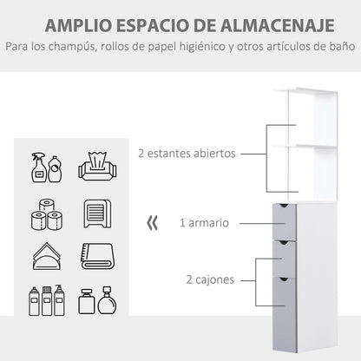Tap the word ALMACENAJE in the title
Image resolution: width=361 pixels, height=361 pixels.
click(x=272, y=23)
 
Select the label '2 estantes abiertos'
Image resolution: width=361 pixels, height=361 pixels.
click(x=187, y=154)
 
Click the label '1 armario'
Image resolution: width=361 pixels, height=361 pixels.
click(x=204, y=223)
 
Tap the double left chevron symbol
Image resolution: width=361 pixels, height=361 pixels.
click(x=153, y=223)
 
